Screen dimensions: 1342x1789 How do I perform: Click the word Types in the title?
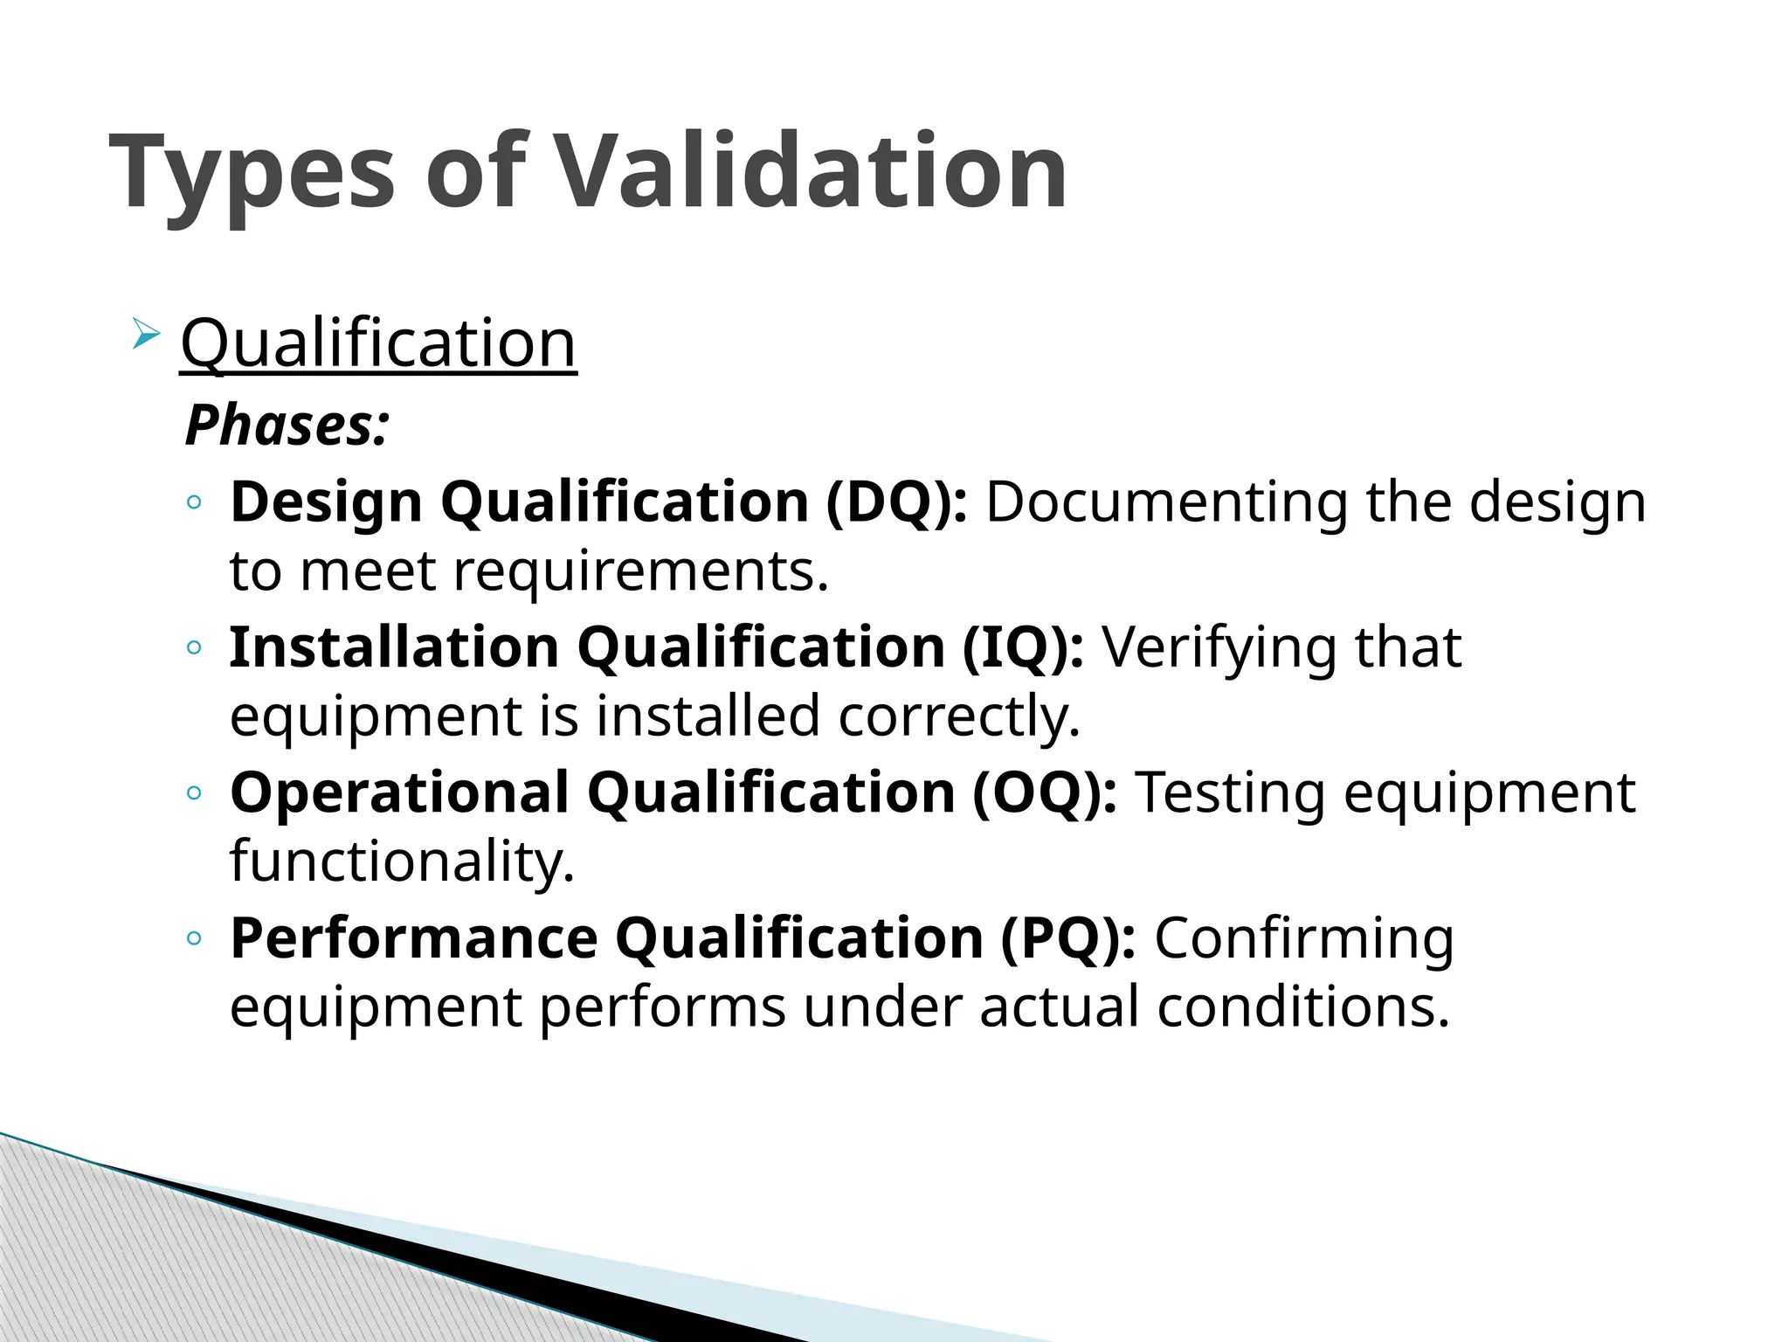point(252,173)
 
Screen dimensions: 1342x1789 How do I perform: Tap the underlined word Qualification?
point(378,343)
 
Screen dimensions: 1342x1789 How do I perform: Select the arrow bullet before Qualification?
point(146,334)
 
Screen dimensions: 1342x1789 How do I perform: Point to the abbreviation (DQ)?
point(896,503)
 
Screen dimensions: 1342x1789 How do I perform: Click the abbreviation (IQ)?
point(1023,648)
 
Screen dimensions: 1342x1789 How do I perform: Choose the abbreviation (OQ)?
point(1045,793)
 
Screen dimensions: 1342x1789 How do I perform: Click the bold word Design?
point(326,503)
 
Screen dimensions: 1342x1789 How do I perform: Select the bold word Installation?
point(394,648)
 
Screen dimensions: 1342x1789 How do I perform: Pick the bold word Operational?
point(399,793)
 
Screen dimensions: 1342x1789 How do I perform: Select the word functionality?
point(402,862)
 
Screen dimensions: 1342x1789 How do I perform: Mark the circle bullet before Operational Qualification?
point(194,793)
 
